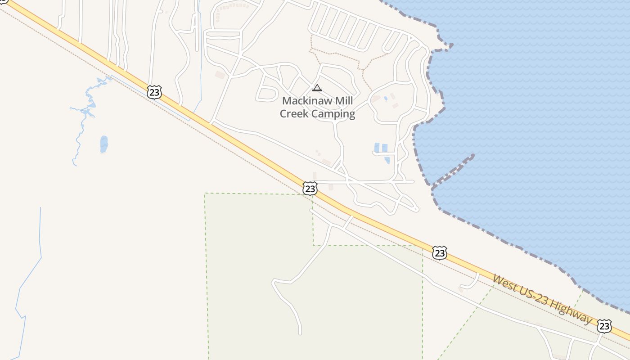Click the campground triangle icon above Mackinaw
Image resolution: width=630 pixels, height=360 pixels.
[x=317, y=88]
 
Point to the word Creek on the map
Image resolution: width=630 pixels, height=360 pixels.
[x=294, y=114]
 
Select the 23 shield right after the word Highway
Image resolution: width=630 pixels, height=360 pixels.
[x=604, y=326]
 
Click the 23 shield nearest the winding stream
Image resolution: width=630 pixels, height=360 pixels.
[x=154, y=92]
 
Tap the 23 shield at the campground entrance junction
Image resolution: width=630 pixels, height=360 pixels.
[x=310, y=188]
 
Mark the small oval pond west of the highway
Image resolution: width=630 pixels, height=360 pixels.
[x=104, y=144]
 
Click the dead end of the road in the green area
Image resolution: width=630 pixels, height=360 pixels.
[x=300, y=333]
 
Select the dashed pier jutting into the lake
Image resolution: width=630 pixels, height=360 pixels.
[x=454, y=170]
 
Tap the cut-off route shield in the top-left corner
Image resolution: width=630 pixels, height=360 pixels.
[x=3, y=1]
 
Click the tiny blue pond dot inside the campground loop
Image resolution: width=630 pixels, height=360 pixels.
[x=386, y=98]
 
